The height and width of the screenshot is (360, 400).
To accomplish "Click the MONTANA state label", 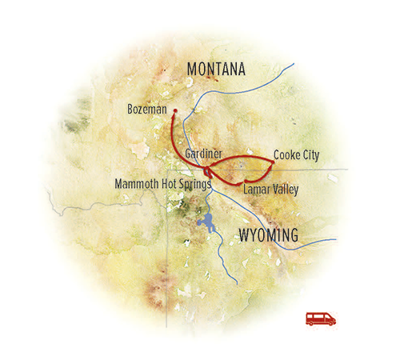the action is [216, 70].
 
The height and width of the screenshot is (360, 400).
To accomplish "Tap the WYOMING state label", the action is [269, 235].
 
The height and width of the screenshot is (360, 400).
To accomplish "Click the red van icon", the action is [321, 318].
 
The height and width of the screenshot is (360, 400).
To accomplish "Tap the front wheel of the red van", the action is [330, 323].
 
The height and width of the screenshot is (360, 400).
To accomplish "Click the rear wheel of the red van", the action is [312, 323].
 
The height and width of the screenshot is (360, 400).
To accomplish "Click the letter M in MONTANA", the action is [193, 70].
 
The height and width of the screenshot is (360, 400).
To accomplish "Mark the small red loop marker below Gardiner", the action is [208, 172].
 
